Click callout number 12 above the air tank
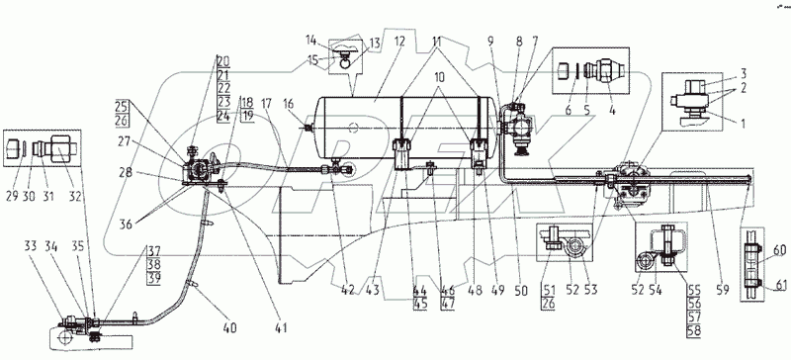[x=400, y=42]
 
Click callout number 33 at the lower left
[x=30, y=247]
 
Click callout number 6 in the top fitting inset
[x=569, y=110]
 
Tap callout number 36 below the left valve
[x=127, y=225]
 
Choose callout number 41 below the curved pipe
[x=281, y=328]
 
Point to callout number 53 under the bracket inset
[x=590, y=291]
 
